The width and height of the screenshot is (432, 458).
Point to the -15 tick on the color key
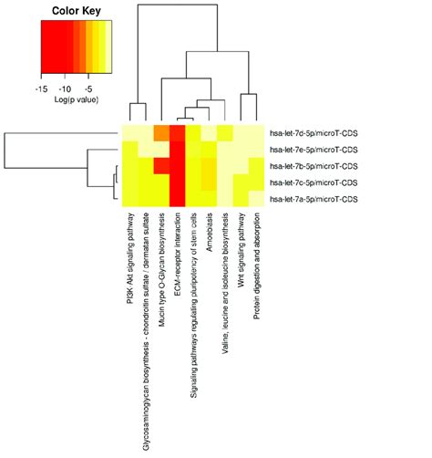[x=42, y=90]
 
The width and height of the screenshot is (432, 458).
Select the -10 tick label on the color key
[x=65, y=90]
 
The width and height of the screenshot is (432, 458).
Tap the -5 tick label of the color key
[x=88, y=90]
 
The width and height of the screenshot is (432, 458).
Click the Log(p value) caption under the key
[x=76, y=100]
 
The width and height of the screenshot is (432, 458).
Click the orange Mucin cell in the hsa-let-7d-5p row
[x=161, y=132]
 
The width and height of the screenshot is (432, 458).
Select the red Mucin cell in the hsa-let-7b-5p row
[x=161, y=165]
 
